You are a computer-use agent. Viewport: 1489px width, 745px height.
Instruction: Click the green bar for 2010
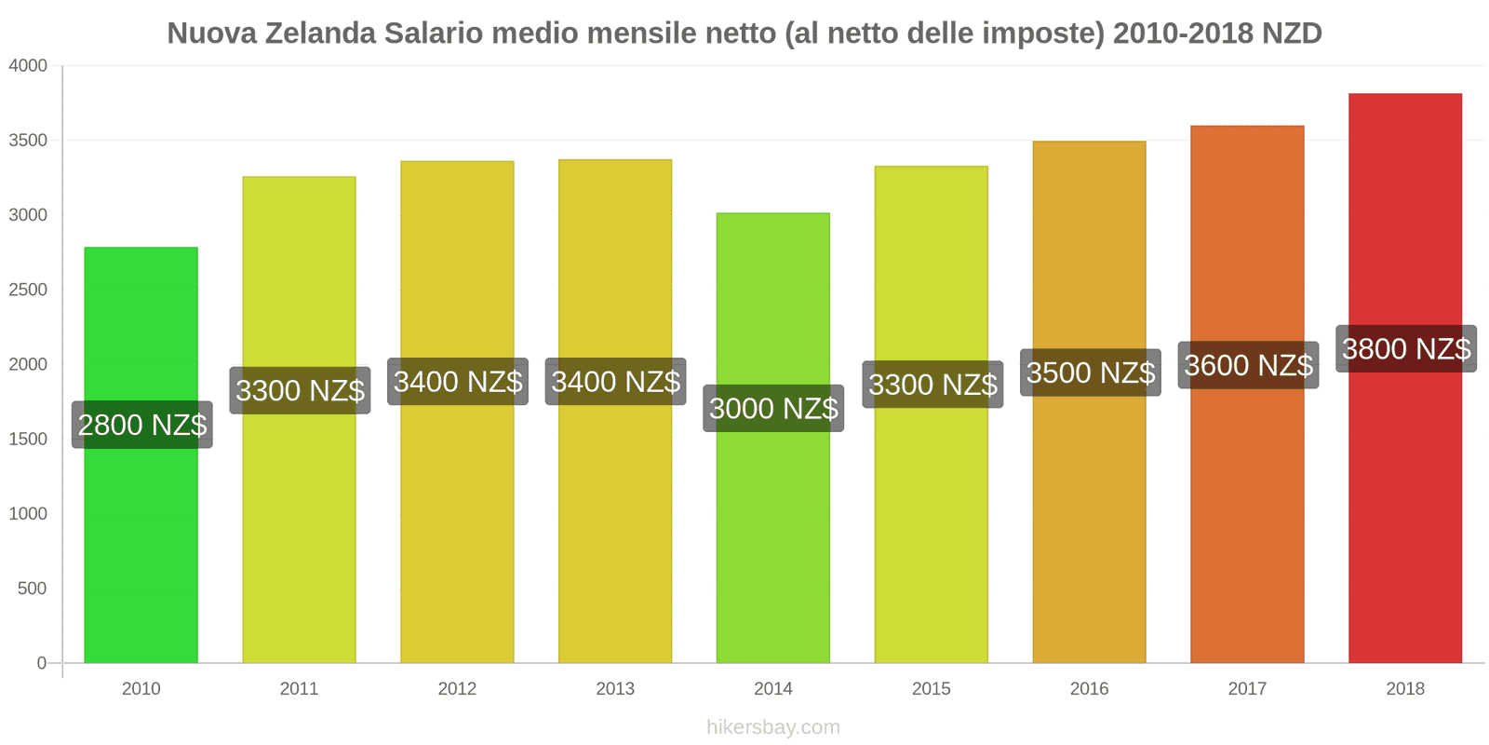tap(141, 559)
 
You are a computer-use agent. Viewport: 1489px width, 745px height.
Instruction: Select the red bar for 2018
tap(1405, 521)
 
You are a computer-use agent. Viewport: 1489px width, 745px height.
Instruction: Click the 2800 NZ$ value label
tap(142, 425)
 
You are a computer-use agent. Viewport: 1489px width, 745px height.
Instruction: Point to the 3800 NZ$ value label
tap(1406, 349)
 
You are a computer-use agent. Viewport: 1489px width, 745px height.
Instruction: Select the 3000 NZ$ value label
tap(773, 408)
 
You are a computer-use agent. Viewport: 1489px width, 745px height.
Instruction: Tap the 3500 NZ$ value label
tap(1091, 372)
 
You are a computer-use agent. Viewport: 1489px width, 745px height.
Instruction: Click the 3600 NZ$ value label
tap(1248, 365)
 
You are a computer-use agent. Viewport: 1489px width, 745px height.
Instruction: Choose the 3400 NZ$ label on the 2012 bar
tap(458, 382)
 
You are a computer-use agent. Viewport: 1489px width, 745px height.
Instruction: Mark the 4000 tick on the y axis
tap(28, 66)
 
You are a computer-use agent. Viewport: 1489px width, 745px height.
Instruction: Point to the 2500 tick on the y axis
tap(28, 290)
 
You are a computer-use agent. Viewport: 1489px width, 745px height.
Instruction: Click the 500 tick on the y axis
tap(32, 589)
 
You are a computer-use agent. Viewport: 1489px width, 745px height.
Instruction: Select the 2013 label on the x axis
tap(615, 689)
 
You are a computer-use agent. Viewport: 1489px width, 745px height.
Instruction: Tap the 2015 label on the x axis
tap(931, 689)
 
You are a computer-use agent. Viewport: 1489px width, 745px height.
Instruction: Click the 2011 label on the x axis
tap(299, 689)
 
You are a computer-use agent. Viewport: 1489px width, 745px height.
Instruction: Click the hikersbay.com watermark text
tap(772, 727)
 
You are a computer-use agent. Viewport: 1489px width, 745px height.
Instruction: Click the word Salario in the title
tap(434, 34)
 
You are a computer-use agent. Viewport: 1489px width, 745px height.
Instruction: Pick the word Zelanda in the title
tap(321, 34)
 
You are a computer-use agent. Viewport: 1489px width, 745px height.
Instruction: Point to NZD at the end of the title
tap(1292, 34)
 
